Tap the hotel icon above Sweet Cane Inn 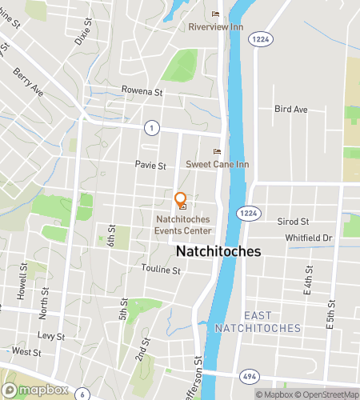(x=215, y=152)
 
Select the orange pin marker (x=181, y=199)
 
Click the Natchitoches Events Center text (x=183, y=224)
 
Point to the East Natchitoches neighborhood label (x=258, y=322)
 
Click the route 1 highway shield (x=150, y=128)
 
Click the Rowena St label (x=142, y=91)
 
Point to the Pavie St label (x=150, y=166)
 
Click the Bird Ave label (x=290, y=108)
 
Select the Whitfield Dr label (x=308, y=238)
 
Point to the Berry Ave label (x=26, y=82)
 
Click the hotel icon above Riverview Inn (x=214, y=14)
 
